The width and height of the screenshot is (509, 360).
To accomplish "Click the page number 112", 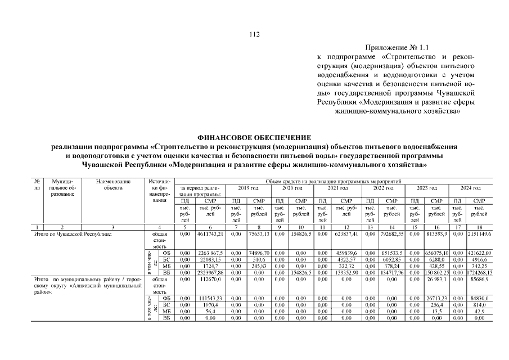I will [x=254, y=35].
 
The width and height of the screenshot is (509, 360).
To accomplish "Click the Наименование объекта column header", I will [x=113, y=184].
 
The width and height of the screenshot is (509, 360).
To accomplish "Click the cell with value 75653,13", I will [x=259, y=233].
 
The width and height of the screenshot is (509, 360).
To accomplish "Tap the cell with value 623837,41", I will [x=347, y=233].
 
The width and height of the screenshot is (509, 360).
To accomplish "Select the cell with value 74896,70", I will [x=259, y=253].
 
